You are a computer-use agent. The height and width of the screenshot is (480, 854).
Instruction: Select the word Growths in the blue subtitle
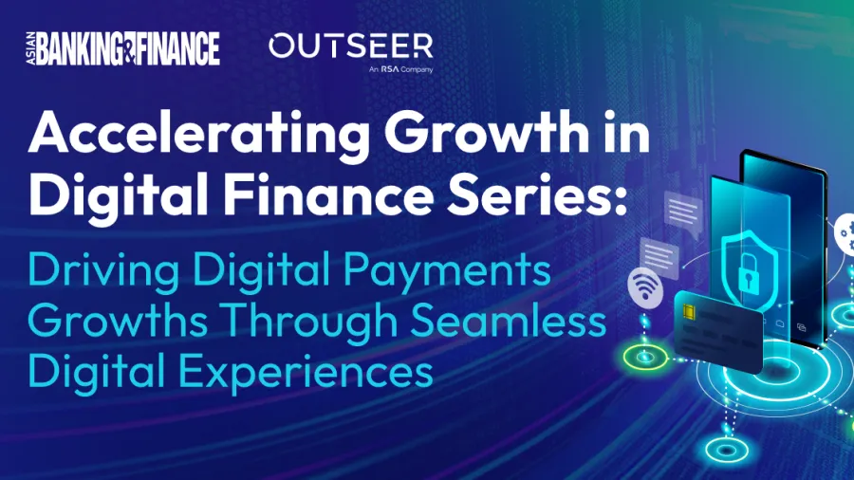[x=118, y=320]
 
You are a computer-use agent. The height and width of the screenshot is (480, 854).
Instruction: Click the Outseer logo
[x=351, y=46]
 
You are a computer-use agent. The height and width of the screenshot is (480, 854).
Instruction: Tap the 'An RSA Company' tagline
[x=400, y=69]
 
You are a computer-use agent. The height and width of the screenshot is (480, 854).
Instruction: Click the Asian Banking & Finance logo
[x=123, y=48]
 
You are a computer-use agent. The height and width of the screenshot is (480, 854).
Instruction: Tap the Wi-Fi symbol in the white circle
[x=645, y=286]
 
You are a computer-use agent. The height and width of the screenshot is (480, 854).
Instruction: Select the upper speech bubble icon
[x=683, y=213]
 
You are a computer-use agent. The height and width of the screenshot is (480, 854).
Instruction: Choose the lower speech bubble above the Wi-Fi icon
[x=659, y=256]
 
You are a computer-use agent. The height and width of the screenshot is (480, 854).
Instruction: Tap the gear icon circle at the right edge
[x=845, y=234]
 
